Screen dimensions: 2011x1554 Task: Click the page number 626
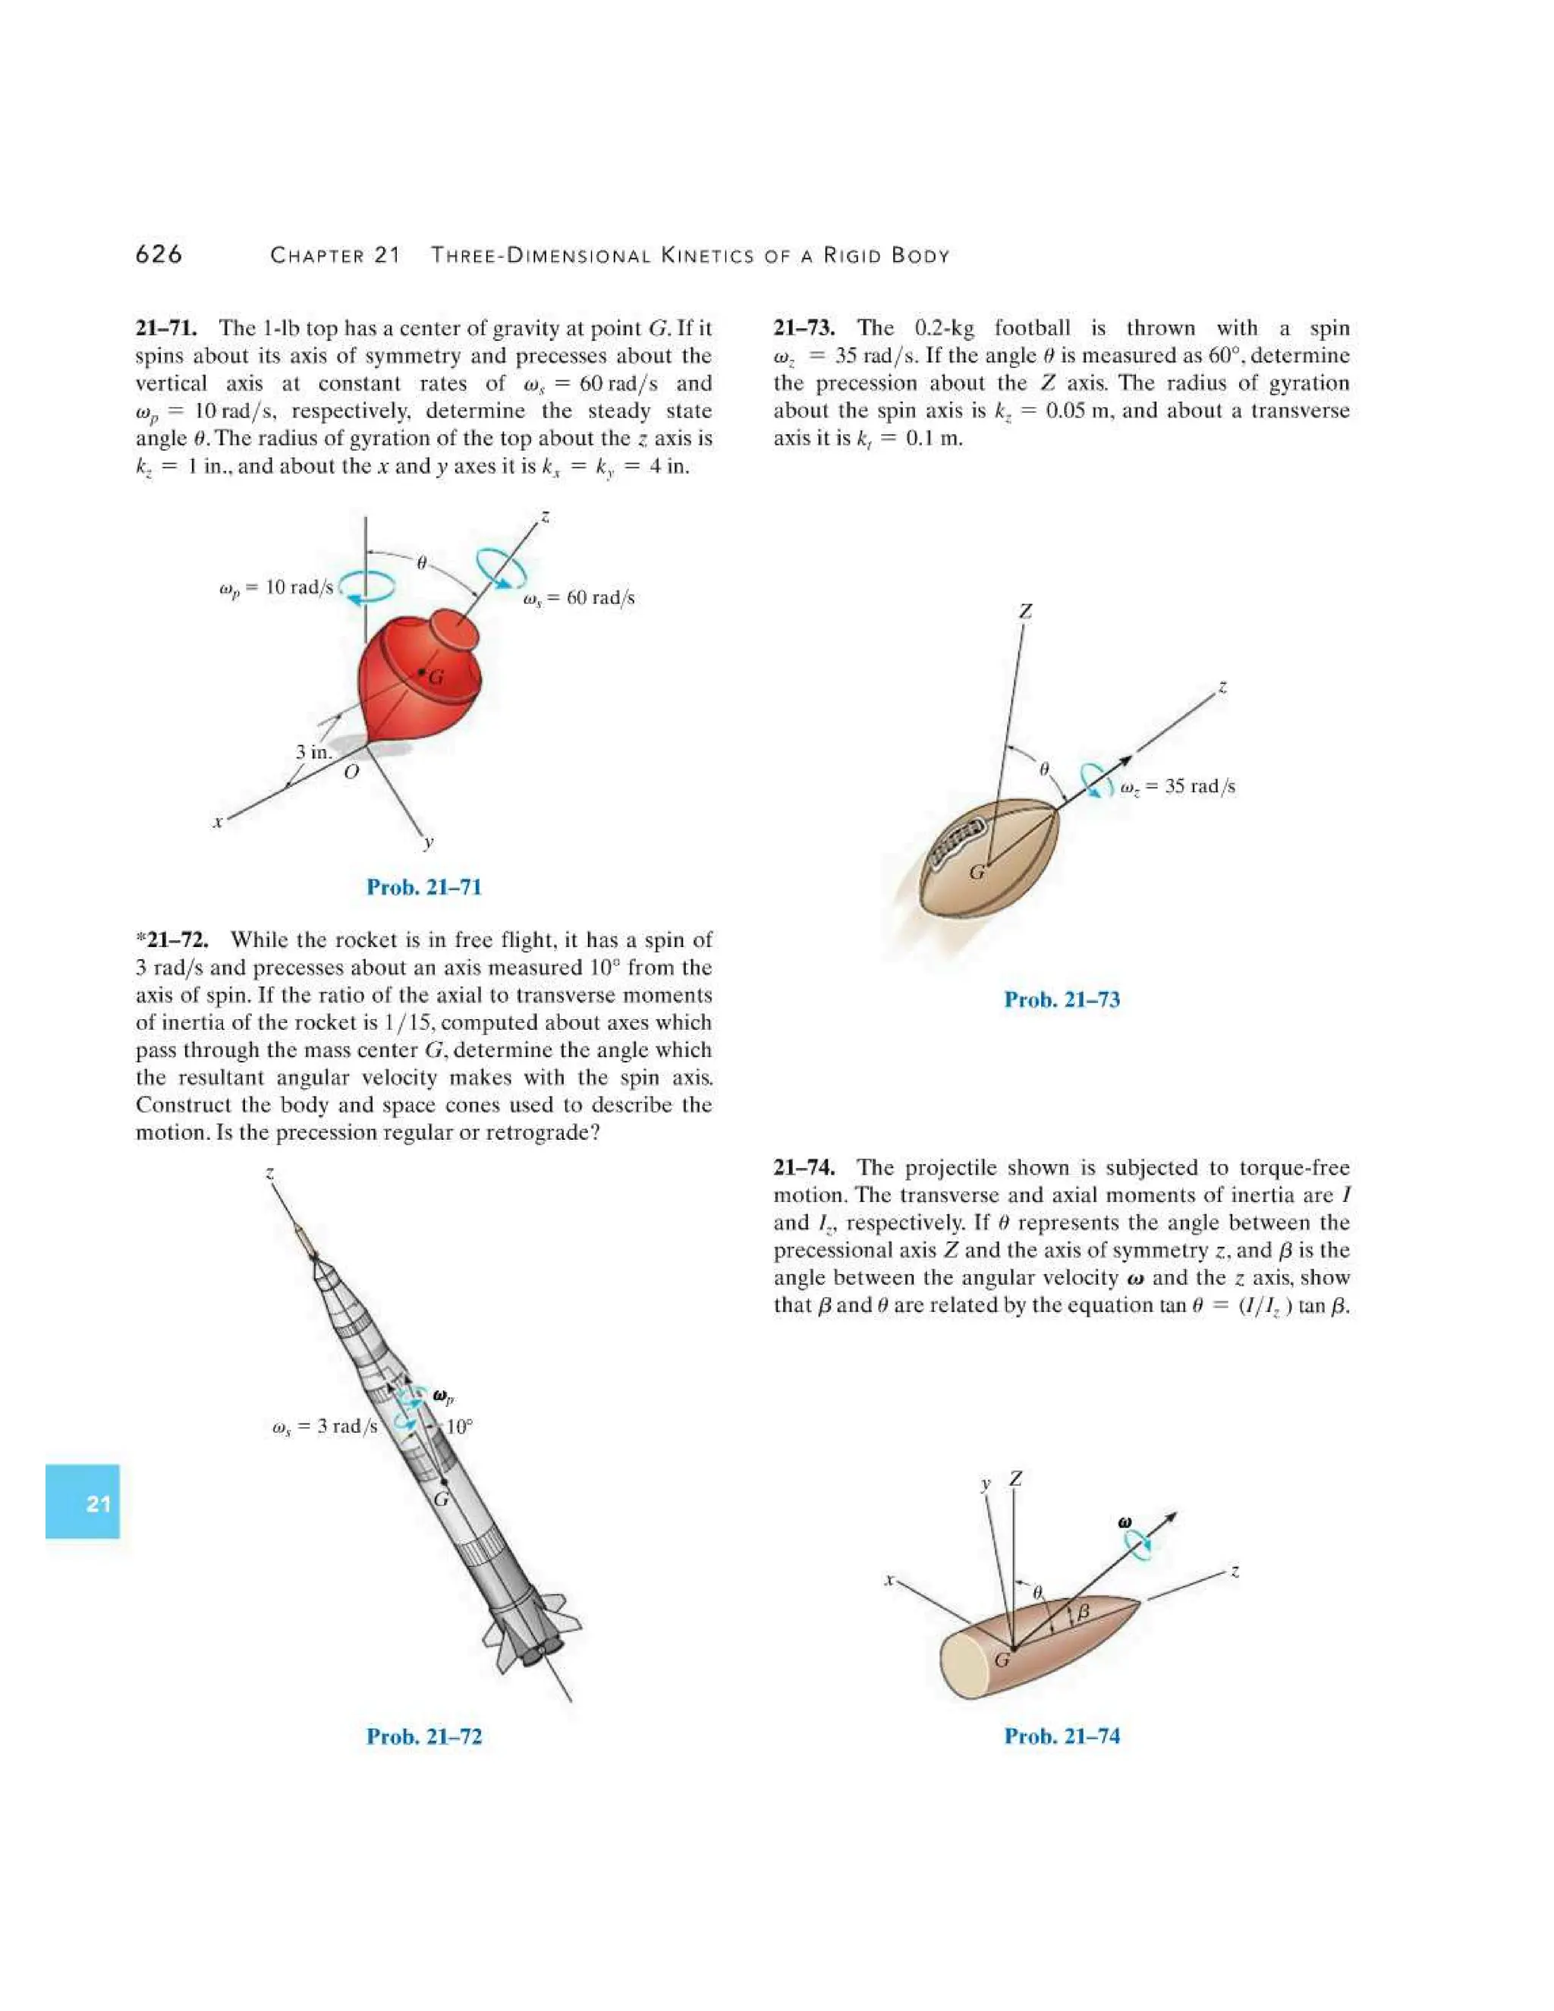(x=159, y=255)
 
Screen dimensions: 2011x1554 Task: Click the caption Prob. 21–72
(x=423, y=1736)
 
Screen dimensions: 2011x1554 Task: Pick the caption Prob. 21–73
(x=1062, y=999)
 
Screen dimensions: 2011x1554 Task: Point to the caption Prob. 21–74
(x=1062, y=1736)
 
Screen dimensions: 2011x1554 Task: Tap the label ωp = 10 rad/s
(x=275, y=587)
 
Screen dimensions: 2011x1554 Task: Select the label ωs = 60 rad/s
(x=578, y=597)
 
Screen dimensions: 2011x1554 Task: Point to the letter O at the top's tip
(x=350, y=773)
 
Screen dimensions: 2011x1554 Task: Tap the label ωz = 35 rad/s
(x=1178, y=786)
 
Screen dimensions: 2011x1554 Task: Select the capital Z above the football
(x=1026, y=612)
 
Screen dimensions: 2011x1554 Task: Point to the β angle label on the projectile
(x=1084, y=1611)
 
